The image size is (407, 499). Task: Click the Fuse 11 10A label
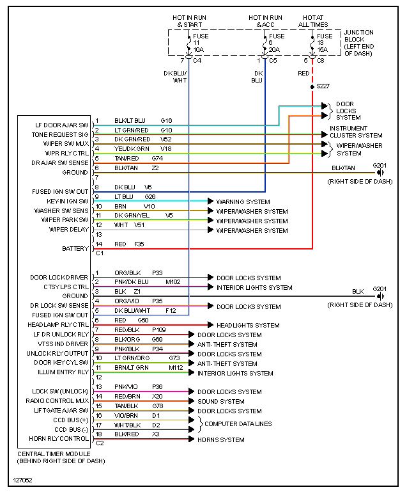[x=198, y=43]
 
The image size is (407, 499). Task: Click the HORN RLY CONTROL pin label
[x=59, y=439]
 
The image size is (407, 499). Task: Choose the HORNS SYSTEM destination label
[x=221, y=440]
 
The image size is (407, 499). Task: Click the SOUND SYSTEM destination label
[x=221, y=402]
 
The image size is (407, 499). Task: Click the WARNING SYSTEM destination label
[x=243, y=202]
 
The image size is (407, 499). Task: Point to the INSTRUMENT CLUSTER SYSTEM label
[x=356, y=132]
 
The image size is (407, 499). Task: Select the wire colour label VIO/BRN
[x=127, y=416]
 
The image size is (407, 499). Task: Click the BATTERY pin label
[x=75, y=248]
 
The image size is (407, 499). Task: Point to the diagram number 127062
[x=23, y=480]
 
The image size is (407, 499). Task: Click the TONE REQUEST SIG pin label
[x=60, y=135]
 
